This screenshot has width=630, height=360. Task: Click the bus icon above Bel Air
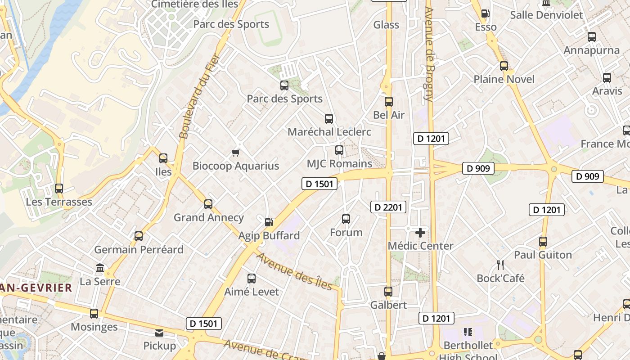tap(389, 102)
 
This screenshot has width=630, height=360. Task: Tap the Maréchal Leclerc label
tap(329, 132)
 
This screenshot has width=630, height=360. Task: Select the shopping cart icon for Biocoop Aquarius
tap(235, 153)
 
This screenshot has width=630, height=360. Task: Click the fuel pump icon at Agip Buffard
tap(269, 222)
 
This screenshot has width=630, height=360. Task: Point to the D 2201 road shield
tap(388, 207)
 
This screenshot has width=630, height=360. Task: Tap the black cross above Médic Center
tap(420, 233)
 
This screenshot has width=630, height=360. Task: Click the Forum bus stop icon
tap(346, 219)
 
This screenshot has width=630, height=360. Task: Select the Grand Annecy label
tap(209, 218)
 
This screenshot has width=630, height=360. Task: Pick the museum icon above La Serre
tap(100, 268)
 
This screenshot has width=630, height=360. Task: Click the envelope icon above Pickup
tap(159, 333)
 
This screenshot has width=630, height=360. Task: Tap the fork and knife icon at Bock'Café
tap(500, 265)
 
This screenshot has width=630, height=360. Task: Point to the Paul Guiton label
tap(543, 255)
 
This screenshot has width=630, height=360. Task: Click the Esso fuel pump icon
tap(486, 13)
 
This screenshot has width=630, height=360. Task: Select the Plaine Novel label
tap(504, 80)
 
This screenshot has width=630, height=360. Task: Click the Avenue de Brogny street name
tap(429, 54)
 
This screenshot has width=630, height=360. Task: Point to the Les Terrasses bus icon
tap(59, 189)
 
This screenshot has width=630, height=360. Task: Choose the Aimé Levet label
tap(252, 292)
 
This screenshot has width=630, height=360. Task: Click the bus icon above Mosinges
tap(94, 314)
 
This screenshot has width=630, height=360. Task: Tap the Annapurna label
tap(591, 50)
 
